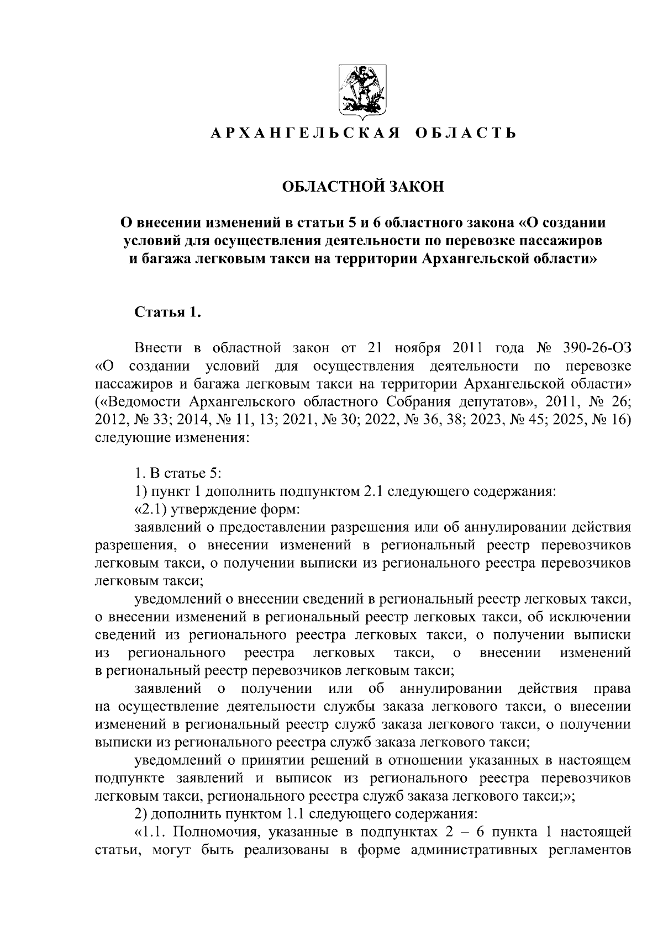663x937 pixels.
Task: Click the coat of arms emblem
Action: [362, 92]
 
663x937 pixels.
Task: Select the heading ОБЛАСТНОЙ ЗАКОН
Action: [362, 187]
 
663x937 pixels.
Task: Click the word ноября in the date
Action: [420, 348]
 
